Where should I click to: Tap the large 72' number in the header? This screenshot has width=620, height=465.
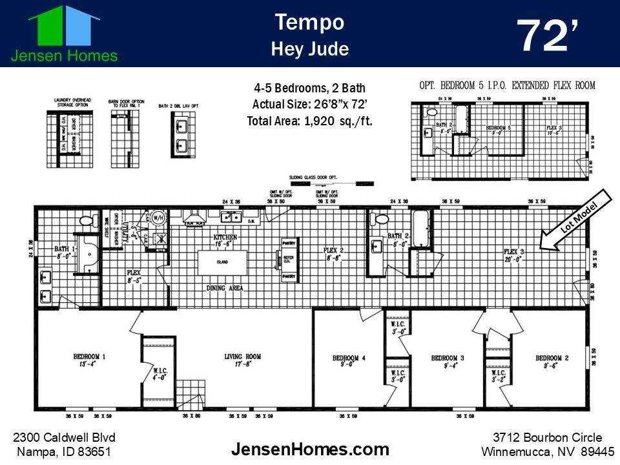click(x=548, y=37)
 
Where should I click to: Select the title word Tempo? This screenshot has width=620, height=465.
click(x=309, y=22)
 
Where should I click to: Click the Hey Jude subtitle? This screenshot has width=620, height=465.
click(x=309, y=48)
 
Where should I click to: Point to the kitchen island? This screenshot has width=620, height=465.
click(x=223, y=262)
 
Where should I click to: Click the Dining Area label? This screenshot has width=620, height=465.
click(x=225, y=288)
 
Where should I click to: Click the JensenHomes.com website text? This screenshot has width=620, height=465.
click(x=310, y=449)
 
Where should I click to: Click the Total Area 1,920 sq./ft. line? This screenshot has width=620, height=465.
click(x=309, y=121)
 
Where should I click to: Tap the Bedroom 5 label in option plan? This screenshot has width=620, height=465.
click(x=498, y=129)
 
